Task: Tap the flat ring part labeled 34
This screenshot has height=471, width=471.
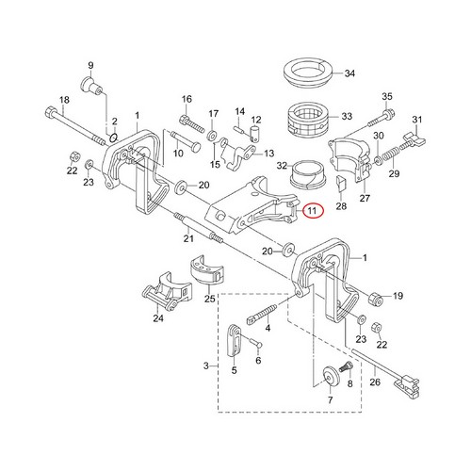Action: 304,73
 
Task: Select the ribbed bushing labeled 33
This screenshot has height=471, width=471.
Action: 303,117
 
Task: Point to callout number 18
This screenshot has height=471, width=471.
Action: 64,100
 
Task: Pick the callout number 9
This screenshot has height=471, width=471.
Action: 91,65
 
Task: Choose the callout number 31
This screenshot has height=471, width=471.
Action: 418,119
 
